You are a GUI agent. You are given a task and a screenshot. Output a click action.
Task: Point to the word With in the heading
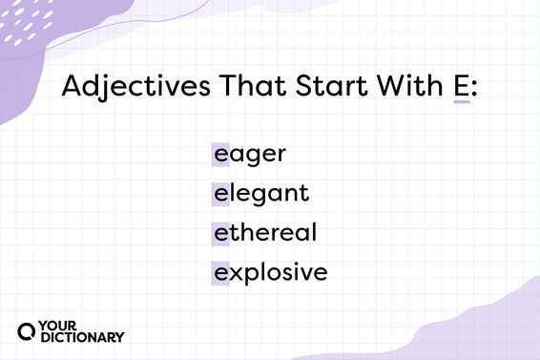(401, 87)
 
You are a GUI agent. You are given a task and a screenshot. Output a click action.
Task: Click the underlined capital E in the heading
(461, 87)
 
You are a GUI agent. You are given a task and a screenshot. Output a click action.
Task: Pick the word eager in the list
(250, 154)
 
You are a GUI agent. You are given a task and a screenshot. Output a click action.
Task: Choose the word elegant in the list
(261, 194)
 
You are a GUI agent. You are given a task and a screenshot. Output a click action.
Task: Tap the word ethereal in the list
(265, 233)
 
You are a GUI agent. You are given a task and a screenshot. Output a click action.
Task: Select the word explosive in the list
(271, 273)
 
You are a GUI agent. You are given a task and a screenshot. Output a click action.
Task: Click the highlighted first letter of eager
(221, 154)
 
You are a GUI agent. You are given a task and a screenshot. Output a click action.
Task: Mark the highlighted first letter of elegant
(221, 194)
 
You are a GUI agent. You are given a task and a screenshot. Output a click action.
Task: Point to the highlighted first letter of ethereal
(221, 233)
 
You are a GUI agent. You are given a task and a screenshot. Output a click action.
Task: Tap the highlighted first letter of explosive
(221, 273)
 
